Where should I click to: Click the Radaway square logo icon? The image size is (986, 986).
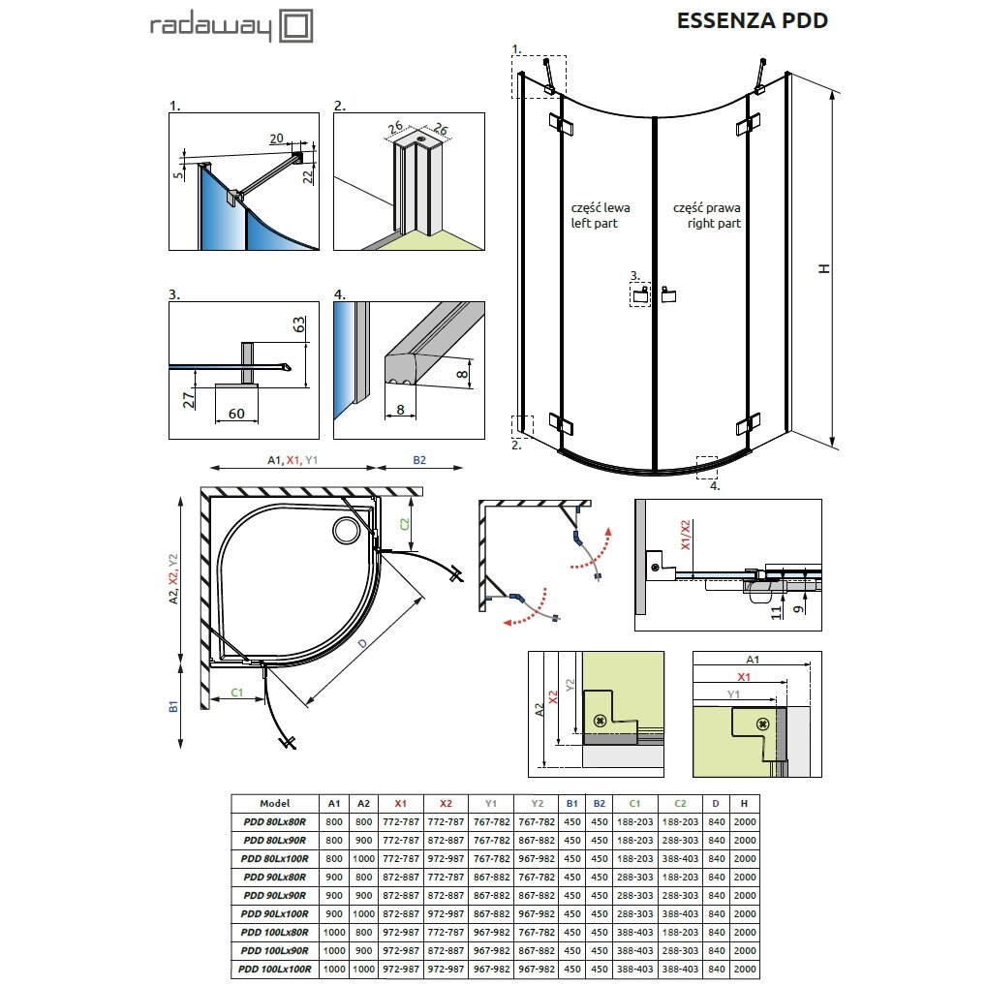pyautogui.click(x=295, y=26)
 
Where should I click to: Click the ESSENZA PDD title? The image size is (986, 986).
pyautogui.click(x=752, y=20)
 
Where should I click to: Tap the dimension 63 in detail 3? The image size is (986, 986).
pyautogui.click(x=299, y=324)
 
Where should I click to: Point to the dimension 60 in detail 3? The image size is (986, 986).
pyautogui.click(x=236, y=414)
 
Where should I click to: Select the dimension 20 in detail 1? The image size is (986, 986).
pyautogui.click(x=277, y=139)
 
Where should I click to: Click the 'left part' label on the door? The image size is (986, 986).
pyautogui.click(x=595, y=223)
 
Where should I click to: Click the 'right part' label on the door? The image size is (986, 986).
pyautogui.click(x=714, y=223)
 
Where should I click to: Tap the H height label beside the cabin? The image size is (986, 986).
pyautogui.click(x=824, y=268)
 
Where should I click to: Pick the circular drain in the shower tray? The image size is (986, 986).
pyautogui.click(x=346, y=530)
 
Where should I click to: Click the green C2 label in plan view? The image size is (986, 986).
pyautogui.click(x=404, y=523)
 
